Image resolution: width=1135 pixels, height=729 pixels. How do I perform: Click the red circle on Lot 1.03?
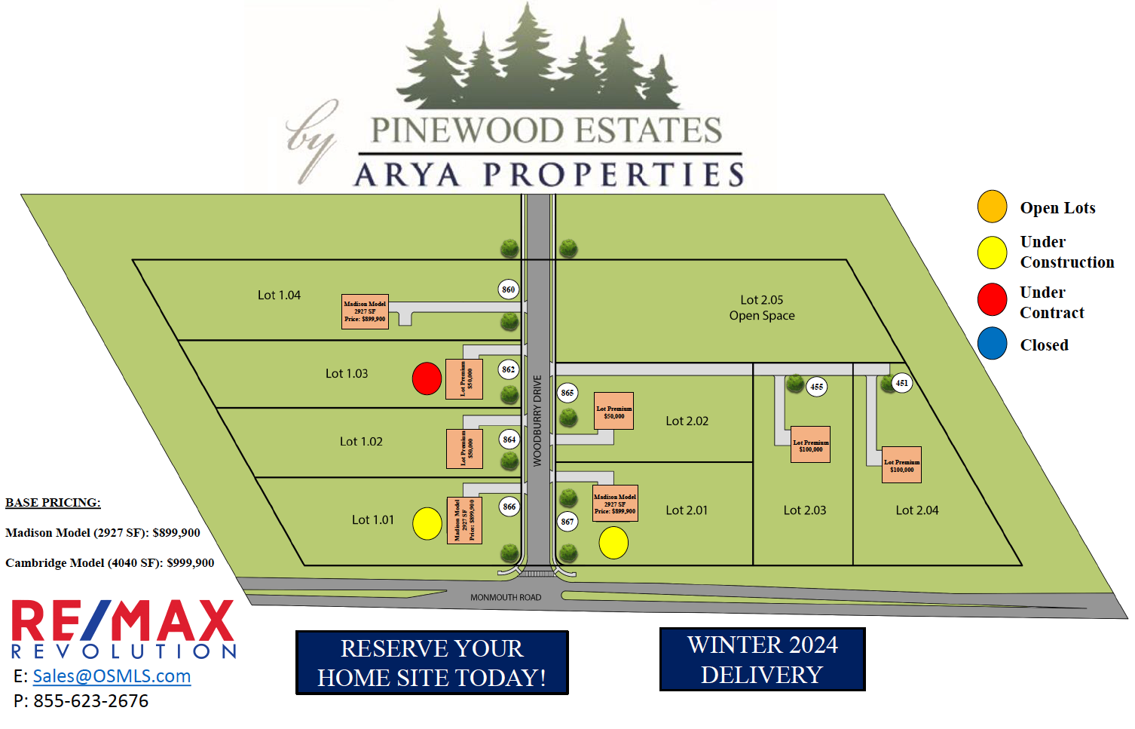click(x=427, y=378)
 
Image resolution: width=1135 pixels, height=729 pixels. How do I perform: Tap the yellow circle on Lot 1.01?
click(x=427, y=524)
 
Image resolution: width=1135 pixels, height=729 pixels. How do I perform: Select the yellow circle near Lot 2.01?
click(x=613, y=543)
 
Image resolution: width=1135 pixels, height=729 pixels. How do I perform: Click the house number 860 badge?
click(x=509, y=289)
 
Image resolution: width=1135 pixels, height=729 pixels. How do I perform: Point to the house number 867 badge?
click(x=567, y=522)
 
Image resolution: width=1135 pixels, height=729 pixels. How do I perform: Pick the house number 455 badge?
click(x=817, y=387)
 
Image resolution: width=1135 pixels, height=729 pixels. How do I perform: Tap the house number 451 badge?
click(x=901, y=383)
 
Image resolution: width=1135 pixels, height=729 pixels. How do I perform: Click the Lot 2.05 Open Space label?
click(x=762, y=308)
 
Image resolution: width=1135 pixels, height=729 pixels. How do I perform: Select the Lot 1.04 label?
click(x=279, y=296)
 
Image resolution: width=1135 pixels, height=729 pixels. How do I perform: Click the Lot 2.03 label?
click(x=805, y=510)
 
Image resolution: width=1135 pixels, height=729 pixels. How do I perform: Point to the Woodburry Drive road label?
click(x=537, y=421)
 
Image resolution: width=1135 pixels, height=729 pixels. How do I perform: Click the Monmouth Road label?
click(x=506, y=597)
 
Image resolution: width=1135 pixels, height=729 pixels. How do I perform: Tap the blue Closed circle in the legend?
click(x=992, y=344)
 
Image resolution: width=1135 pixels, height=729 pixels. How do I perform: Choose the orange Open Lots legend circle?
click(x=992, y=207)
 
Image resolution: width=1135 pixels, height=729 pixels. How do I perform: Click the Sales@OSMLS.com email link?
click(x=112, y=676)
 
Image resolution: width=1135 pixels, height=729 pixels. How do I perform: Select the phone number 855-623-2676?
click(x=90, y=701)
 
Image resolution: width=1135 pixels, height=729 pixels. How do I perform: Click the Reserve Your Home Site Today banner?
click(x=432, y=663)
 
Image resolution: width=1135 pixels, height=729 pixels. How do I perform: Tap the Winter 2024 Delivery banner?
click(x=762, y=660)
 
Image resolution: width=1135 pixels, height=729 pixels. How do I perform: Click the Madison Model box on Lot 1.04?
click(x=365, y=311)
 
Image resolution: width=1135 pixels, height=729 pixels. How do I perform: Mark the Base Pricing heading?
click(x=53, y=503)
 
